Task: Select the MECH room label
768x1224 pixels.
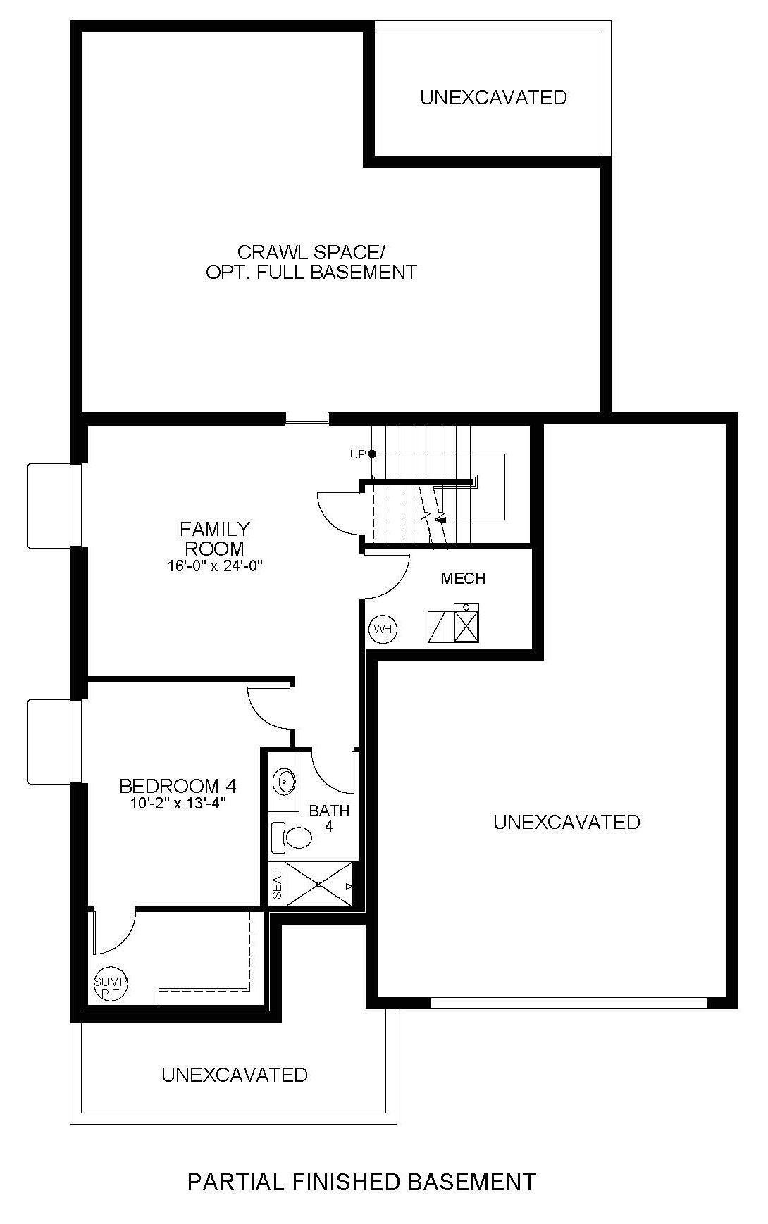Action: click(x=463, y=579)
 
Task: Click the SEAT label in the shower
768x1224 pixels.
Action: click(x=276, y=885)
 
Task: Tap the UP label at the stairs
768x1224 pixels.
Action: click(x=358, y=455)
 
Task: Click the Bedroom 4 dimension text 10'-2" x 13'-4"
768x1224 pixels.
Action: click(x=178, y=802)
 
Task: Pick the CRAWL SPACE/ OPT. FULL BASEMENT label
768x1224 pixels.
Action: click(x=311, y=262)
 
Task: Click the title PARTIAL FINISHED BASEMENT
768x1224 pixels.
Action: click(x=361, y=1182)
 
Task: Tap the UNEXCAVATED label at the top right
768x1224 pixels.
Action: click(x=493, y=97)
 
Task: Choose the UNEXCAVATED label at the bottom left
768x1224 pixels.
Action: click(x=235, y=1075)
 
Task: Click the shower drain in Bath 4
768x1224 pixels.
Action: click(x=319, y=883)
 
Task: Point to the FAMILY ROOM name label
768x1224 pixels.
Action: click(x=215, y=538)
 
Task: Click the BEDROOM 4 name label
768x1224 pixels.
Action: click(x=178, y=785)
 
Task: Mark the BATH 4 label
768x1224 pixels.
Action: click(x=329, y=818)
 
